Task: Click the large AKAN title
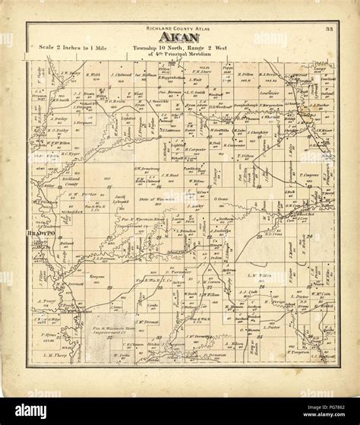click(180, 36)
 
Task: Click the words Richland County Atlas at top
click(180, 27)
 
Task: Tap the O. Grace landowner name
click(222, 199)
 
